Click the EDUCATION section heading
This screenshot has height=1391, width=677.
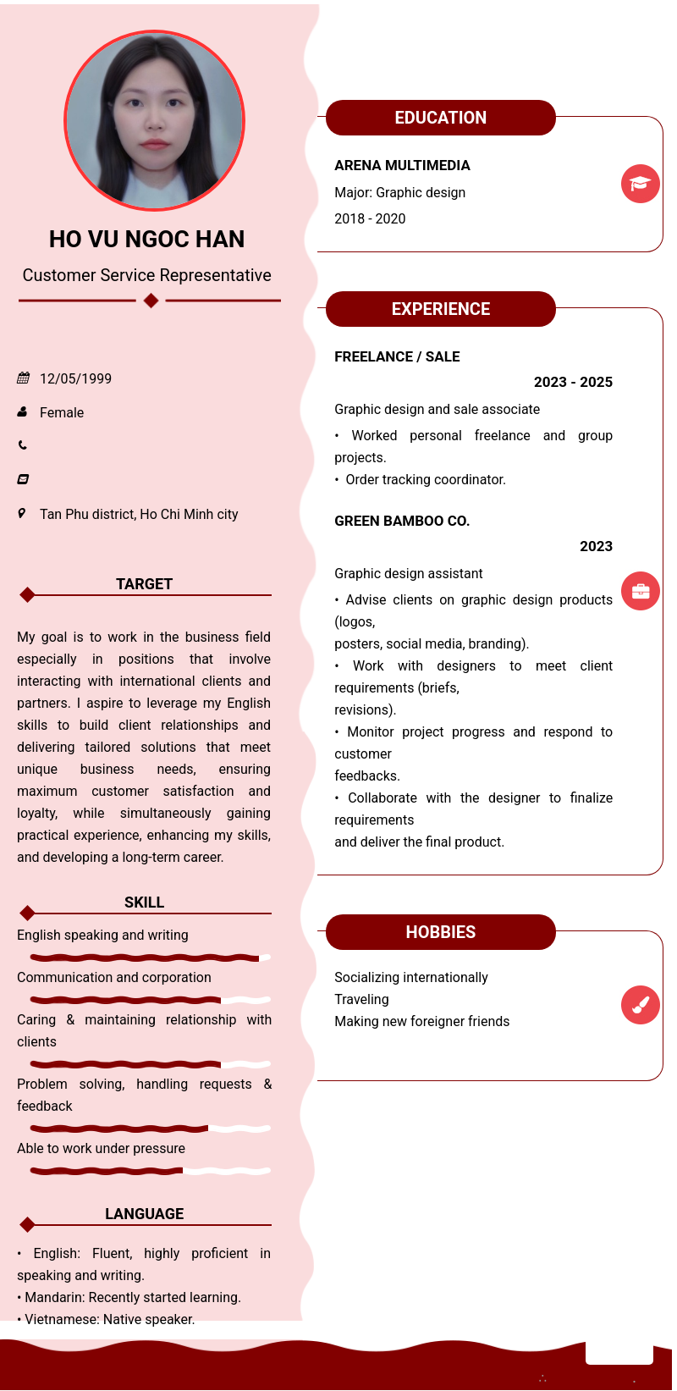(x=440, y=118)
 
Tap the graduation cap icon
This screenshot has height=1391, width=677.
(x=640, y=184)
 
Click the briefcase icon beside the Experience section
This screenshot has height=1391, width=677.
(x=640, y=591)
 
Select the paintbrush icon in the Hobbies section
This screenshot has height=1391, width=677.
(x=640, y=1005)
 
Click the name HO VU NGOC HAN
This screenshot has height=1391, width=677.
(x=146, y=240)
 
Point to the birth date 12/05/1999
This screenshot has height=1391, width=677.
(x=75, y=378)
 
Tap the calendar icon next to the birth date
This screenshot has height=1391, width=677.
(x=23, y=378)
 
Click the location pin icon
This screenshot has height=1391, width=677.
(x=22, y=513)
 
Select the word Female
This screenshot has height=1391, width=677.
(x=62, y=412)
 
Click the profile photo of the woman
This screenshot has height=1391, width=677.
(x=155, y=120)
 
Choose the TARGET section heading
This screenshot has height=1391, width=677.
(x=144, y=584)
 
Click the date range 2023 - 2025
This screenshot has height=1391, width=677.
(x=573, y=382)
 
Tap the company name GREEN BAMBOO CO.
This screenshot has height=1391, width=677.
(x=402, y=521)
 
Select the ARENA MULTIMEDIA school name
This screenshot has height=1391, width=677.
(x=402, y=165)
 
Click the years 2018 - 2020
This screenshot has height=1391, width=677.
(x=370, y=218)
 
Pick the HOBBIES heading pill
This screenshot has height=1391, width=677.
(x=440, y=932)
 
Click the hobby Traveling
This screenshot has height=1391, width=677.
(x=361, y=999)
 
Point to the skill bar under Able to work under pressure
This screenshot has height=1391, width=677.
(x=150, y=1171)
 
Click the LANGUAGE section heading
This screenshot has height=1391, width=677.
(x=144, y=1214)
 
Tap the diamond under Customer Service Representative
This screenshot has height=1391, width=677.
(x=151, y=301)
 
